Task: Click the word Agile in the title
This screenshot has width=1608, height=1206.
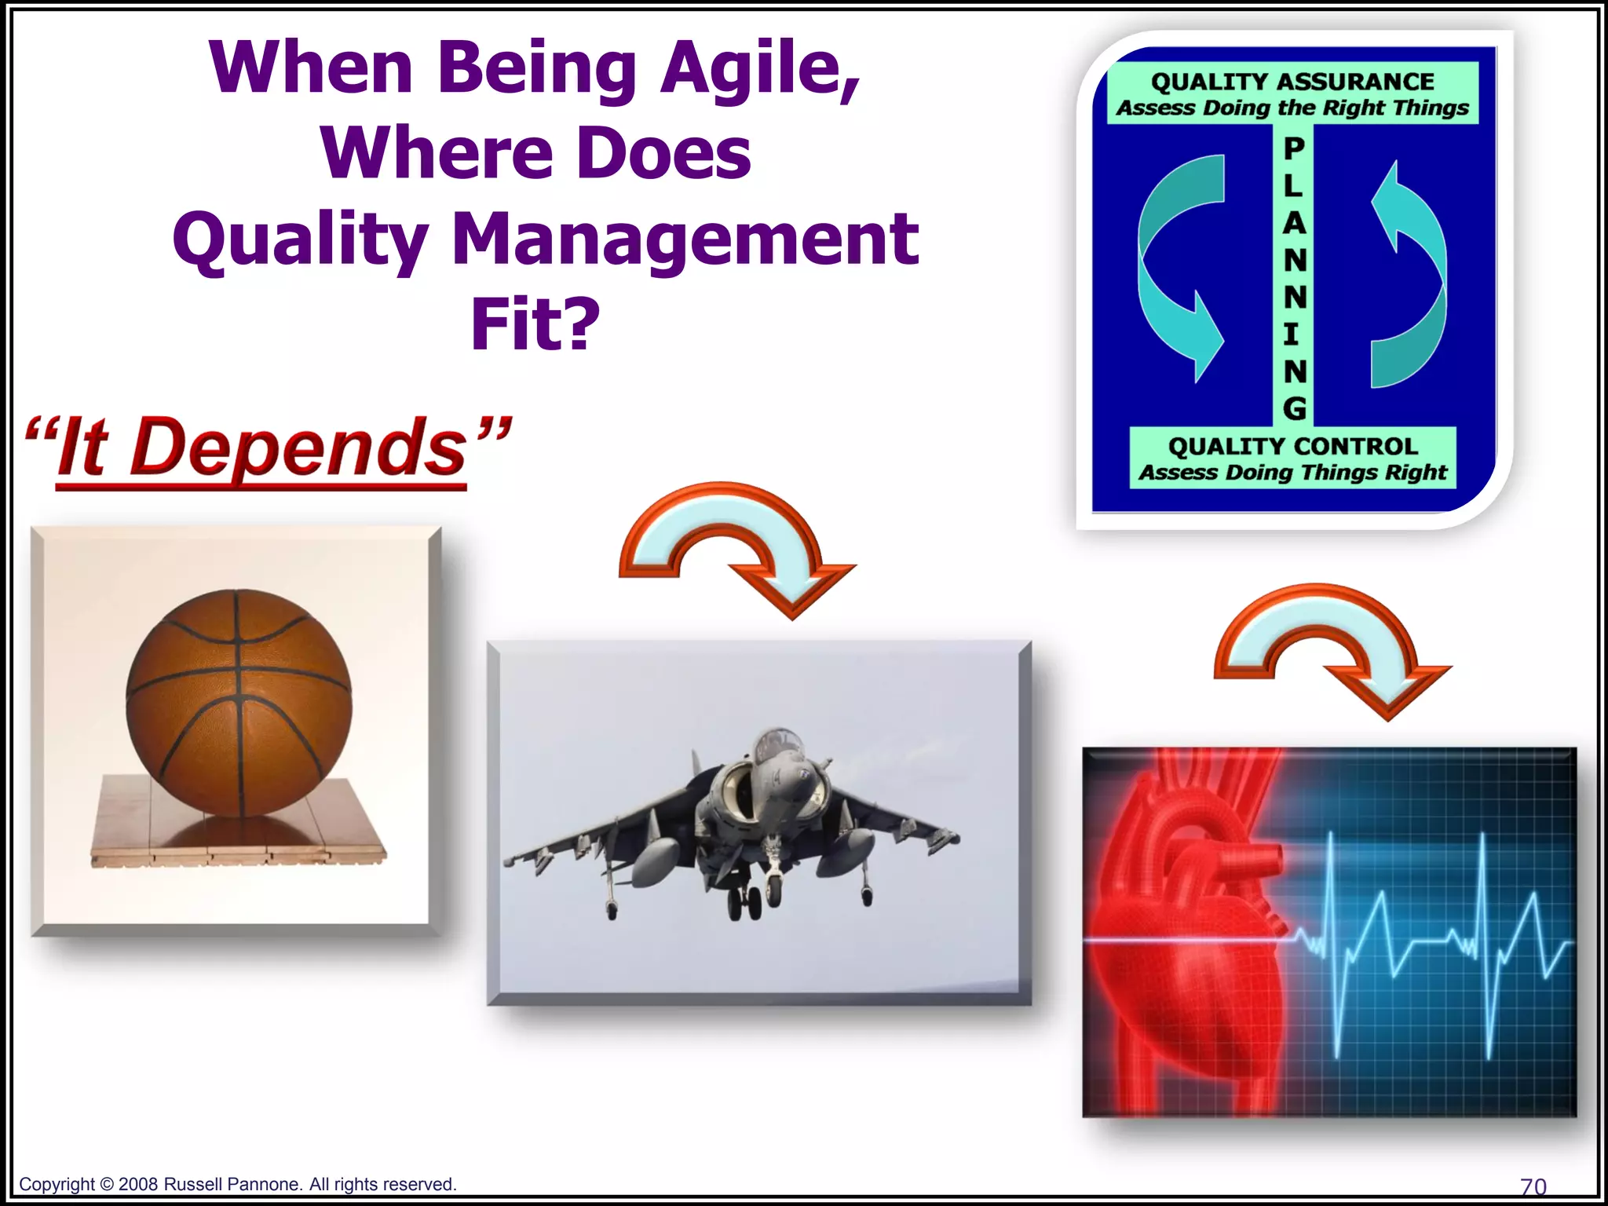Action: (x=759, y=69)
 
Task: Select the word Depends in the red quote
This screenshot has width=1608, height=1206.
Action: (x=298, y=448)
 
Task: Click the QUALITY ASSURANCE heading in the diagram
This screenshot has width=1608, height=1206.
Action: (x=1292, y=82)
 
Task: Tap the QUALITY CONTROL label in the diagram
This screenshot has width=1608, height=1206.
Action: (x=1292, y=446)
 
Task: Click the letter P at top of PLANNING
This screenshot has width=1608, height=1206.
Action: (x=1294, y=148)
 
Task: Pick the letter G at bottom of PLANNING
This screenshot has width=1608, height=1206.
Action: (x=1294, y=407)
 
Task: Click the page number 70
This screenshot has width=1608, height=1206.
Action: (x=1533, y=1186)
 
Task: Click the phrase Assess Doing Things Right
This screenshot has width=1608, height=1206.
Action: (x=1292, y=472)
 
